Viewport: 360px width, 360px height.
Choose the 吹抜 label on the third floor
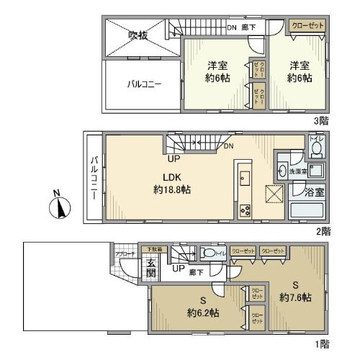(x=138, y=35)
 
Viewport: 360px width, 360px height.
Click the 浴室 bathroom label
(x=315, y=192)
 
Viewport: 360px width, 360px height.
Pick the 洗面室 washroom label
(x=299, y=172)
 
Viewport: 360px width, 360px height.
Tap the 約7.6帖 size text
(x=297, y=297)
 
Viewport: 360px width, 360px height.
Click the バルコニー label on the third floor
(x=144, y=84)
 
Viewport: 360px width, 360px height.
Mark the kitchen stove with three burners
(x=244, y=210)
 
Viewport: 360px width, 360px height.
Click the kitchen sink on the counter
(x=243, y=177)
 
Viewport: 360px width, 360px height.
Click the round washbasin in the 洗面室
(x=282, y=171)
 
